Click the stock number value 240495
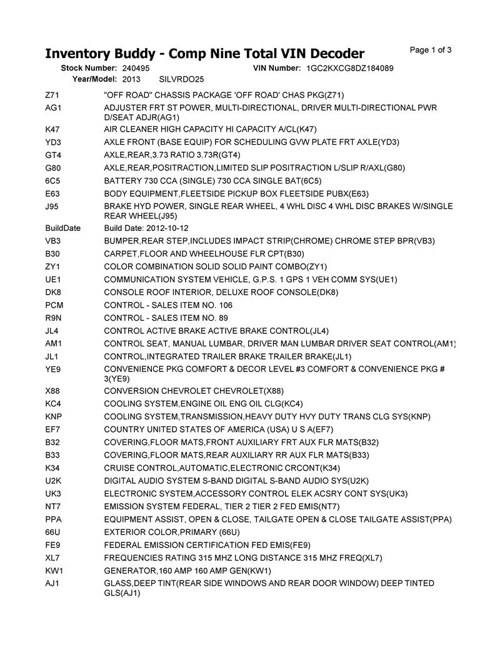pyautogui.click(x=136, y=67)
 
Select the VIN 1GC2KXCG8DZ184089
pyautogui.click(x=350, y=67)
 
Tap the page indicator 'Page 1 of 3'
pyautogui.click(x=431, y=50)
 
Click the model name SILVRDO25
pyautogui.click(x=182, y=79)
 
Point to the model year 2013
pyautogui.click(x=131, y=79)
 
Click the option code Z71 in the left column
pyautogui.click(x=52, y=95)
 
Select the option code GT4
pyautogui.click(x=53, y=155)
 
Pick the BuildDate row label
pyautogui.click(x=63, y=228)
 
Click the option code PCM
pyautogui.click(x=54, y=305)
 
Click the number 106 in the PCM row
pyautogui.click(x=225, y=305)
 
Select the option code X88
pyautogui.click(x=53, y=391)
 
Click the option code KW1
pyautogui.click(x=54, y=571)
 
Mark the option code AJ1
pyautogui.click(x=52, y=584)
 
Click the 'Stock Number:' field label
pyautogui.click(x=89, y=67)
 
